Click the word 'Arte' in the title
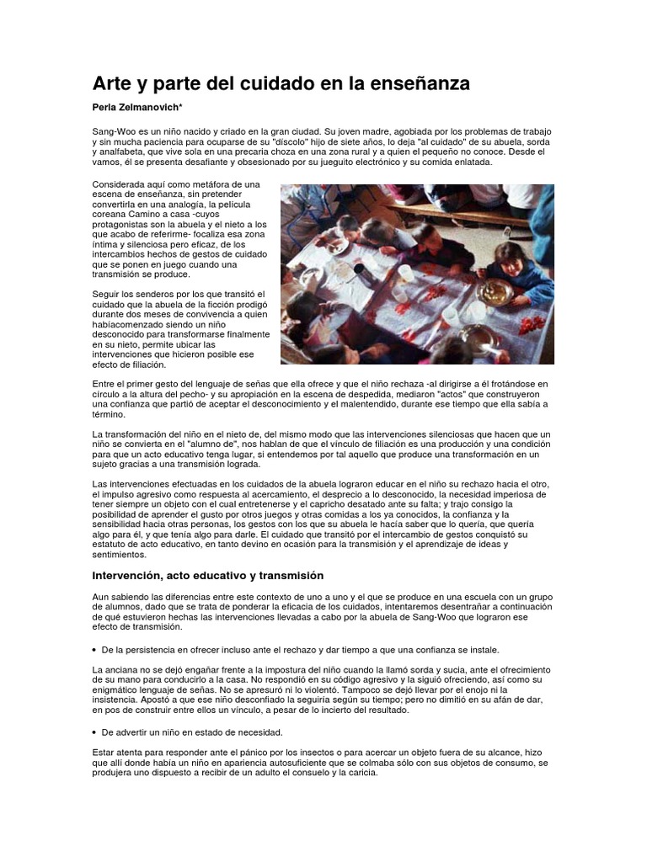point(112,84)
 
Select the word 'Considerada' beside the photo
point(120,184)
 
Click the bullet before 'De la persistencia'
point(94,650)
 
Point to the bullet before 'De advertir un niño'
point(94,732)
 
